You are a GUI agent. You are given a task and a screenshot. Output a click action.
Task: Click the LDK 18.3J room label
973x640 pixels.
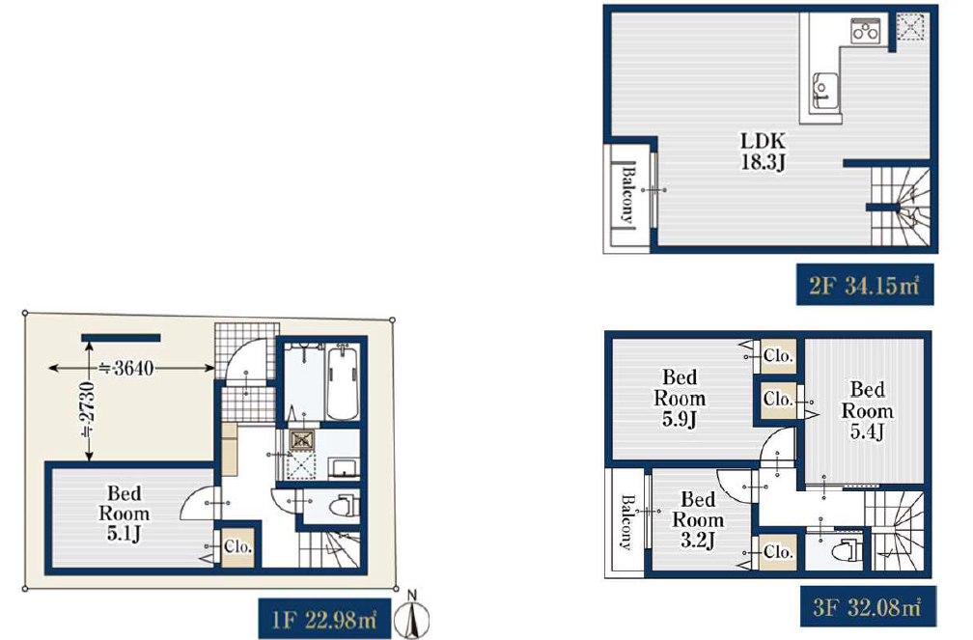(x=764, y=152)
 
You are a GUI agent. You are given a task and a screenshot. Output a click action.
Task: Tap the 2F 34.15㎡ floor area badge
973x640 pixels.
(x=865, y=285)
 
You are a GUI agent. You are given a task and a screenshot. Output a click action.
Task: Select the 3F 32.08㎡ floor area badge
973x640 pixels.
(x=868, y=606)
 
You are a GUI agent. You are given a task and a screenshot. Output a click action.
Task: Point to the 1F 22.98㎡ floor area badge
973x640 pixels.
(x=324, y=618)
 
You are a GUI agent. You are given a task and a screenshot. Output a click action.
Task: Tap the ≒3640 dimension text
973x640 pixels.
(x=126, y=368)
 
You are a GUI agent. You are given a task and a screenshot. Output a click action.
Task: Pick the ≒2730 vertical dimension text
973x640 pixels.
(x=88, y=409)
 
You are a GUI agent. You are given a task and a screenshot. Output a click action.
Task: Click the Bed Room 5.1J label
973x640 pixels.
(x=125, y=514)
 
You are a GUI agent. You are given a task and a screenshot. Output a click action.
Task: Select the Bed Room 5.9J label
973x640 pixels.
(x=680, y=398)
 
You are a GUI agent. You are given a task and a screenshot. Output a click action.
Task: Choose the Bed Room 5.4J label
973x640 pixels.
(x=868, y=410)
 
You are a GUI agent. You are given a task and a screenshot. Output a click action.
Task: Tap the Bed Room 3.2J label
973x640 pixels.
(x=698, y=519)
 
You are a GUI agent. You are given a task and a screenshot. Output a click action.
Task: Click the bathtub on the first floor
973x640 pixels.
(x=343, y=383)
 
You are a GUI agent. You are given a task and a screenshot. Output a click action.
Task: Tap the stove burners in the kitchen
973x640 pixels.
(x=866, y=31)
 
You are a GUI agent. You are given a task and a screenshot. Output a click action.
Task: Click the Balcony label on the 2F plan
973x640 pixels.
(x=628, y=193)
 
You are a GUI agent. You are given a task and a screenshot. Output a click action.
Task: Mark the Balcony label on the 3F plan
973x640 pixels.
(x=626, y=522)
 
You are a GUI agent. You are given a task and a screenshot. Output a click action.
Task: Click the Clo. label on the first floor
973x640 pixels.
(x=237, y=547)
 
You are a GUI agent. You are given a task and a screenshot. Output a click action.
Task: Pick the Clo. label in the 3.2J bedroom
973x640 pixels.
(x=778, y=552)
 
